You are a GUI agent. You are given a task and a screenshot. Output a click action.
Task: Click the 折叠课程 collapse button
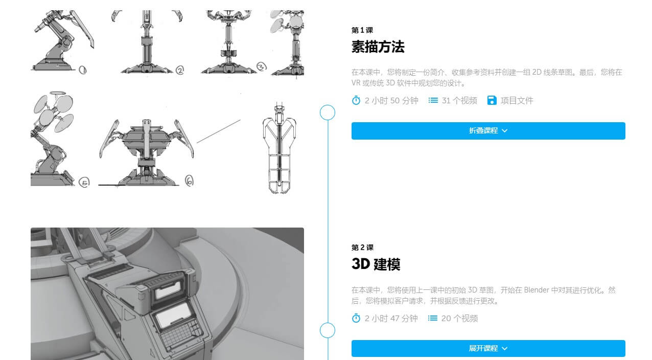click(488, 131)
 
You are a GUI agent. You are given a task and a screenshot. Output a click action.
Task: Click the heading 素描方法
click(378, 47)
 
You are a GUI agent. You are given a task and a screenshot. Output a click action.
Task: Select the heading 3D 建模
click(376, 264)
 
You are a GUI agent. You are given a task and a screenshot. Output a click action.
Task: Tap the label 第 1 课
click(362, 30)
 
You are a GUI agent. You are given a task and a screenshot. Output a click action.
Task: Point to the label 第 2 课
click(362, 247)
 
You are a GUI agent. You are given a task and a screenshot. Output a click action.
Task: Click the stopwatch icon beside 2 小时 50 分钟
click(356, 101)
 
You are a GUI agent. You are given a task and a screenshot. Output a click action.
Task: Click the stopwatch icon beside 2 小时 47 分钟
click(356, 318)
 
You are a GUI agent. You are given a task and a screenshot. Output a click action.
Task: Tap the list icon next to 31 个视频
click(433, 101)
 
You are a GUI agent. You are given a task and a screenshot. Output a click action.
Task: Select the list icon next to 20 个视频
click(432, 318)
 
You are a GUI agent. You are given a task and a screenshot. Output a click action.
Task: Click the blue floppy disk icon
click(492, 101)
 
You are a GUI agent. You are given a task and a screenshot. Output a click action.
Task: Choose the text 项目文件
click(517, 101)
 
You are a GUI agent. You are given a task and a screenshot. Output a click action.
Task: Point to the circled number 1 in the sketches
click(83, 70)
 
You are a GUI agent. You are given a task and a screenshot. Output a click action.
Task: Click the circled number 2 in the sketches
click(180, 70)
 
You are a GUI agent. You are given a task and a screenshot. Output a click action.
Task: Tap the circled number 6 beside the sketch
click(189, 181)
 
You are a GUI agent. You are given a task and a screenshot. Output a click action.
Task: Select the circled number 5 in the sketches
click(84, 183)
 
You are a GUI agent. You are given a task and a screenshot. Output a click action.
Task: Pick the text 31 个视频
click(459, 101)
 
